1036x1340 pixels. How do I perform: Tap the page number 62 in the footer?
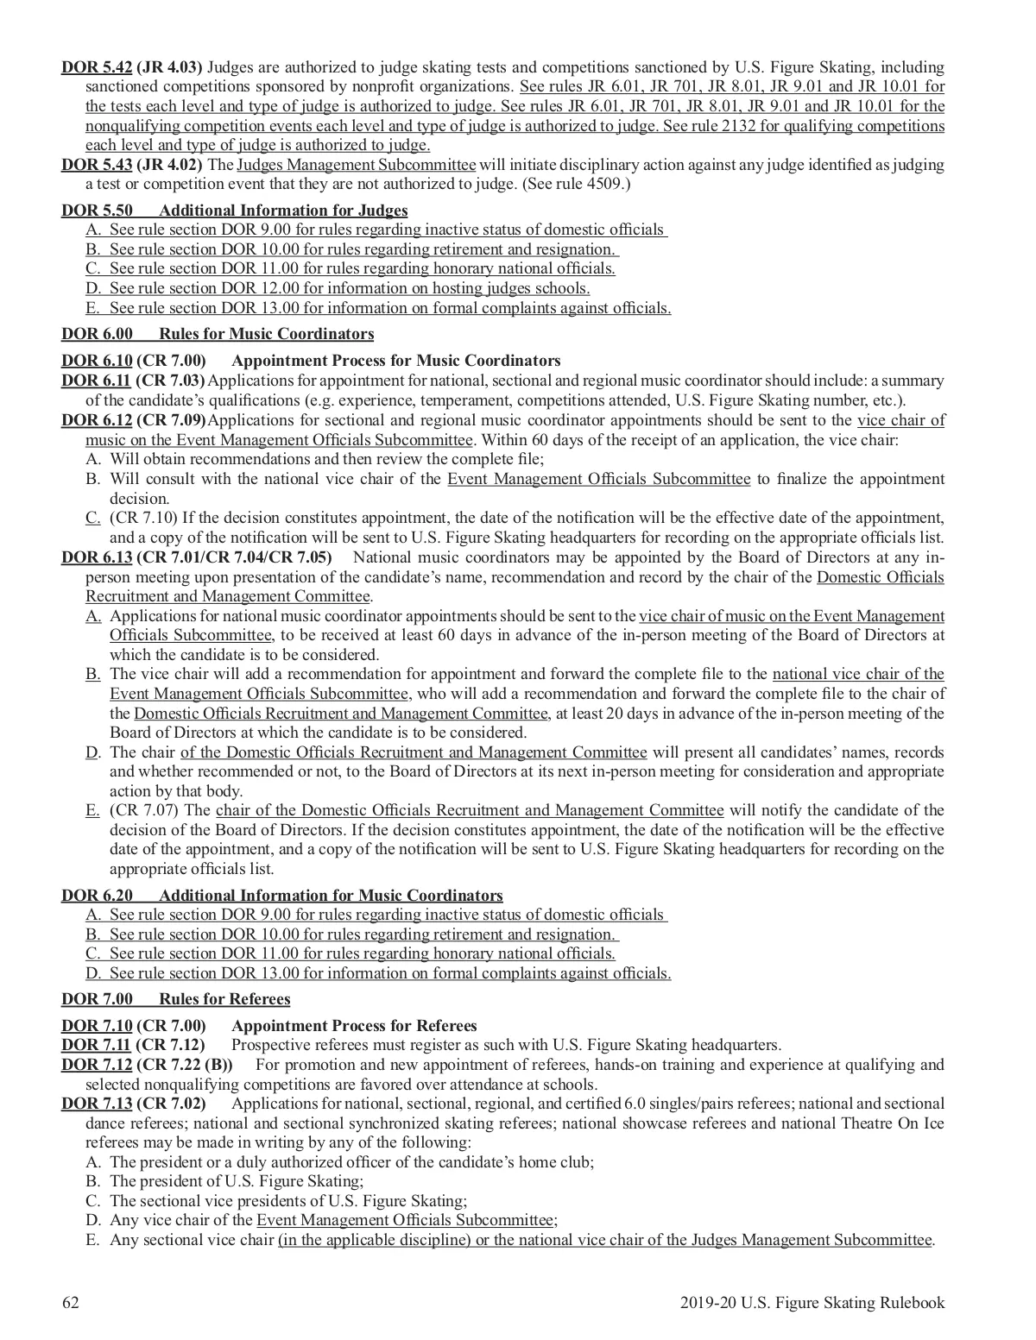70,1303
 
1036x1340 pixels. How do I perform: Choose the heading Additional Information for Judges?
283,211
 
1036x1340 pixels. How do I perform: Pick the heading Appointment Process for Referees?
354,1026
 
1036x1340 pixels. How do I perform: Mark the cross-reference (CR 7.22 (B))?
185,1065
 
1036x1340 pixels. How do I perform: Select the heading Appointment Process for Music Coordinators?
396,361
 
